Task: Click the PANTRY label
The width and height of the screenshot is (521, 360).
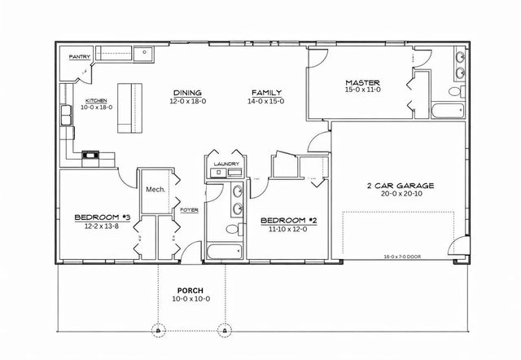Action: tap(79, 56)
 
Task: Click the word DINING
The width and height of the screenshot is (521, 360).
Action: tap(186, 92)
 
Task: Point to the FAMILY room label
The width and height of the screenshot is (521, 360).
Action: tap(265, 92)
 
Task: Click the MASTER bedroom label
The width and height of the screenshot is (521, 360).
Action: tap(358, 82)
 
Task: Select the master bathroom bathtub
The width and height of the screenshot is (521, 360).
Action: tap(448, 110)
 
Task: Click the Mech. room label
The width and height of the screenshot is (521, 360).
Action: tap(155, 189)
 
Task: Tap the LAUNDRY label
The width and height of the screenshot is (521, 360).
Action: tap(225, 164)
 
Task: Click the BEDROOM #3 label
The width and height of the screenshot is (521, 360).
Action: tap(102, 217)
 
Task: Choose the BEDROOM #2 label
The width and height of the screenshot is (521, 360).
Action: tap(287, 221)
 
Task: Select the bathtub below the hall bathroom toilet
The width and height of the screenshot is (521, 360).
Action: tap(225, 251)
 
